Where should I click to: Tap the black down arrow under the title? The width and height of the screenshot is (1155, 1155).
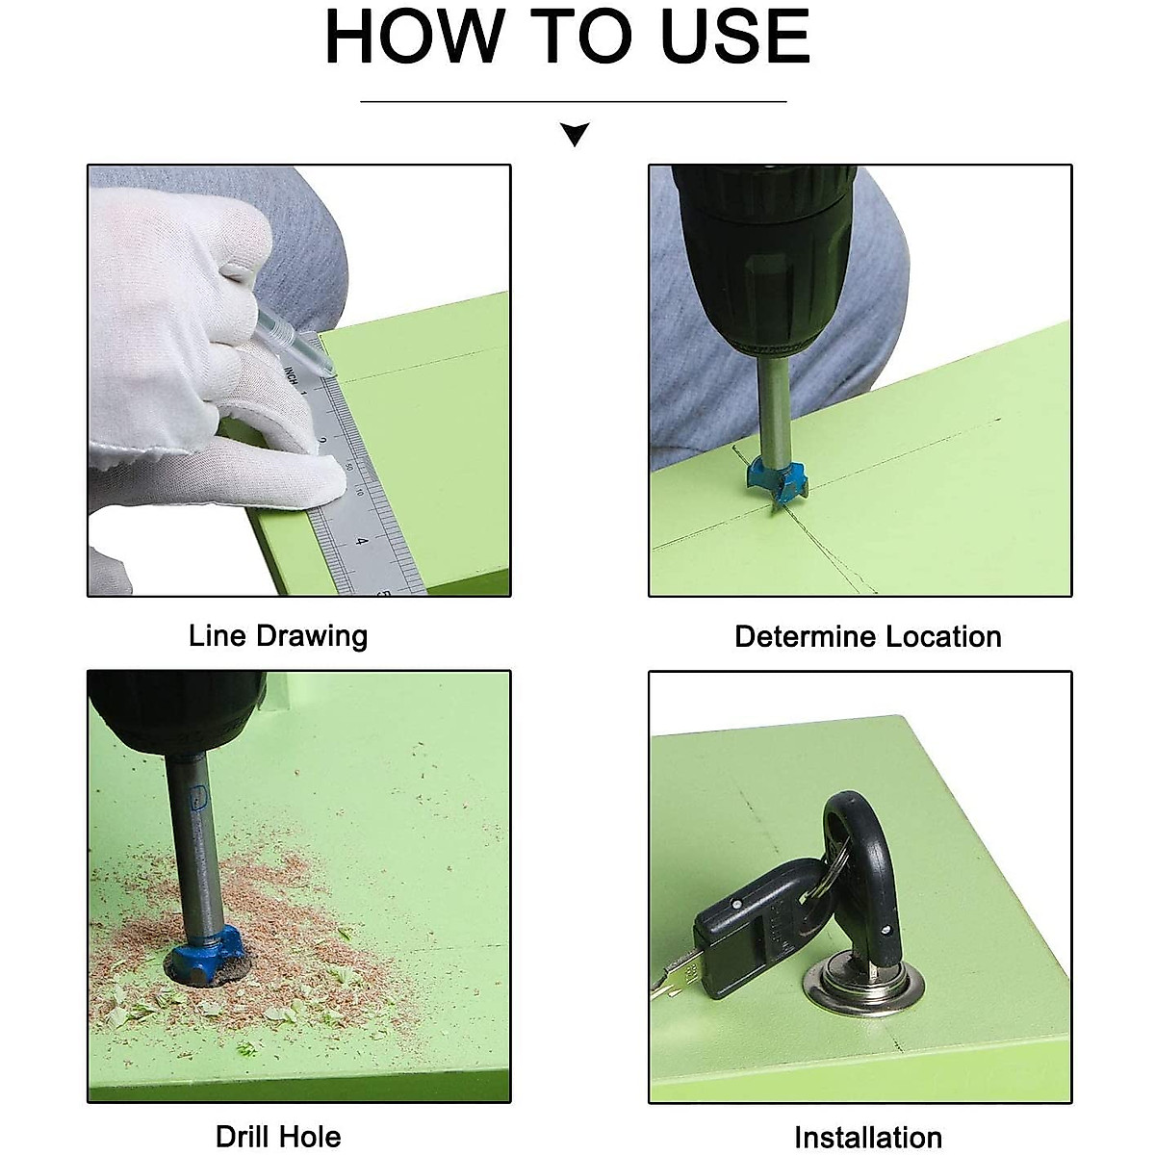click(575, 134)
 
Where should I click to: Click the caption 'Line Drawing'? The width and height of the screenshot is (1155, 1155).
click(278, 636)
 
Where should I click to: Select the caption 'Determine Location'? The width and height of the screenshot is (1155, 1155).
click(868, 636)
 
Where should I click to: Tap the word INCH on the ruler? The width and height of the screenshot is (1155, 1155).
click(292, 375)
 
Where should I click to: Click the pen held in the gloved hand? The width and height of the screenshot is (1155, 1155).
click(295, 342)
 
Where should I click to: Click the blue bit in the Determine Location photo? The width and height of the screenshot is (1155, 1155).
click(777, 480)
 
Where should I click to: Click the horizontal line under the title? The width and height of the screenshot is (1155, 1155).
click(573, 102)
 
